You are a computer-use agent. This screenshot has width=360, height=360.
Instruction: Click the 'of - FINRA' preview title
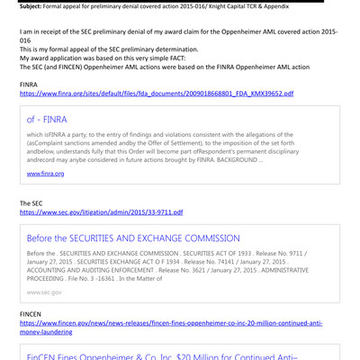[47, 119]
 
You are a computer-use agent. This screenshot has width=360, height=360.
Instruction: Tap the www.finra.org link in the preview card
[45, 172]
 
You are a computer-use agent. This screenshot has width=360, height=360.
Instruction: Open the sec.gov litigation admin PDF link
[101, 213]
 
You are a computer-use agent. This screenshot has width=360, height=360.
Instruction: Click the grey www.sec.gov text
[45, 292]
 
